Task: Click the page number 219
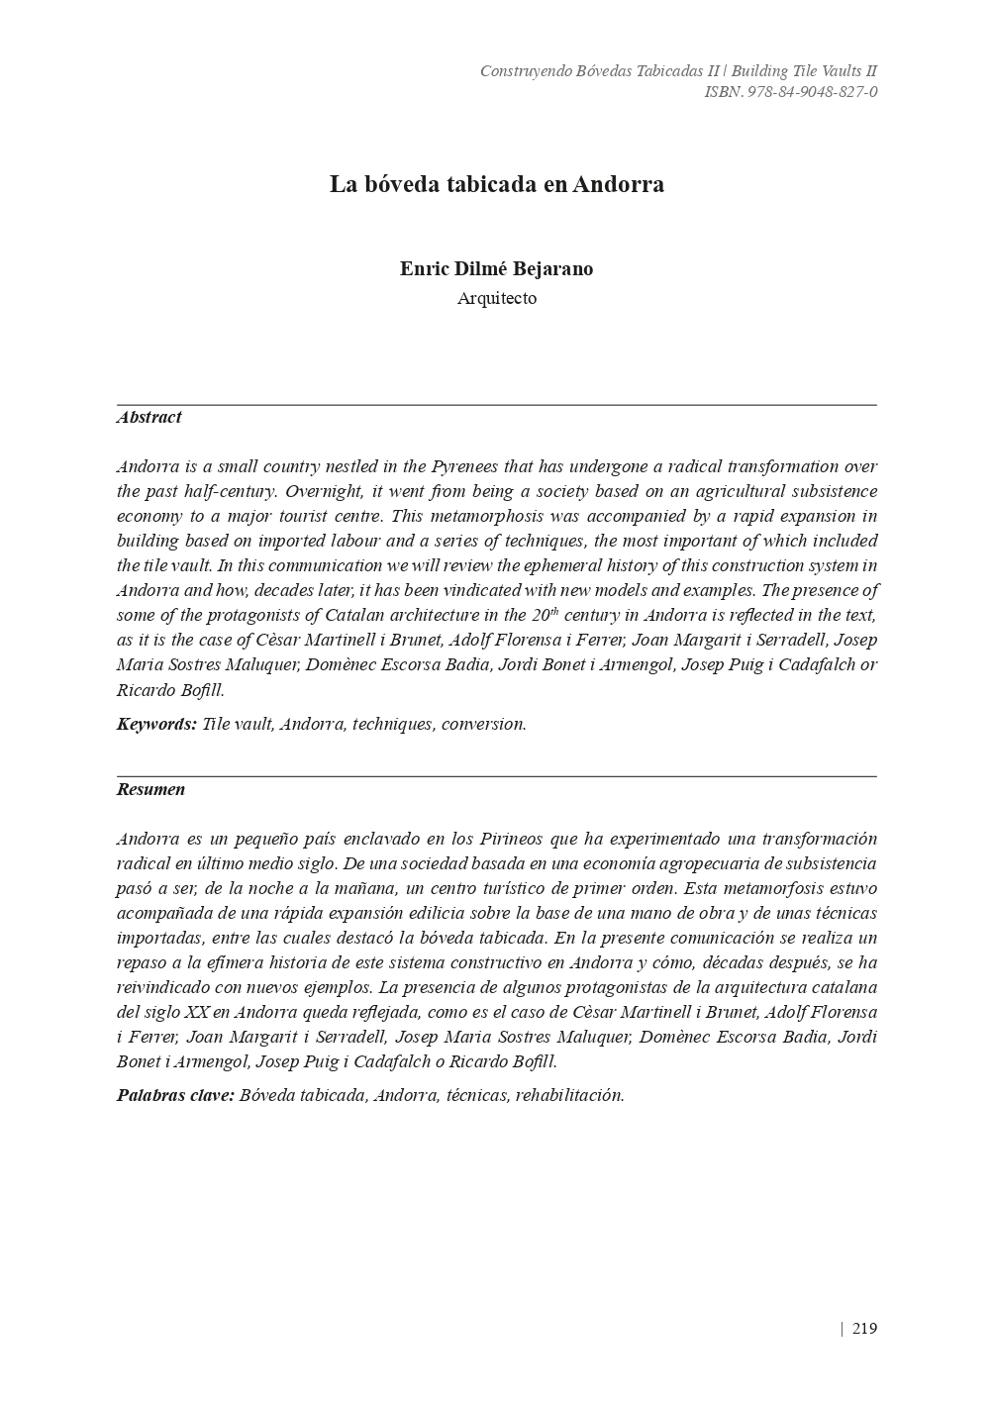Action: pos(863,1329)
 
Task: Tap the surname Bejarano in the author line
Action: pos(552,268)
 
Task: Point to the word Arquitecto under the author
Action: pos(497,298)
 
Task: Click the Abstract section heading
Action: pos(149,417)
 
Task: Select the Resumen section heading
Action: pos(150,789)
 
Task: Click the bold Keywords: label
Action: pos(156,724)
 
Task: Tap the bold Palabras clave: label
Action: pos(175,1095)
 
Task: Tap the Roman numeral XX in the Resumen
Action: pos(196,1012)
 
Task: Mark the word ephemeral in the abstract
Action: pos(476,565)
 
